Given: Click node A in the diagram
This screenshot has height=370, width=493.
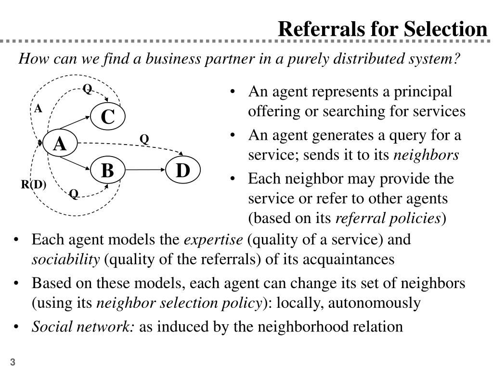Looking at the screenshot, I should [x=60, y=144].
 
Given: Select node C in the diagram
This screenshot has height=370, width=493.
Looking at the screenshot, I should [x=107, y=117].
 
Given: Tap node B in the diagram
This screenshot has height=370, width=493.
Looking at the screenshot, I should [x=107, y=171].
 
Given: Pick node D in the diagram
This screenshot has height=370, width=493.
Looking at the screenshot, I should [x=183, y=171].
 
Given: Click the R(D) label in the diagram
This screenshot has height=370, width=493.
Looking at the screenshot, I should [x=34, y=185].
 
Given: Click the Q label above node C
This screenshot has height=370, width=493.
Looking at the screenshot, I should [x=87, y=89].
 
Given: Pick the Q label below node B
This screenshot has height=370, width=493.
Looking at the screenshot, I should [x=74, y=194].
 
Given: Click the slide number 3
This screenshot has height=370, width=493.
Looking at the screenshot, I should [x=13, y=362].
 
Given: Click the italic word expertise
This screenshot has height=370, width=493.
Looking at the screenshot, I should [x=214, y=239].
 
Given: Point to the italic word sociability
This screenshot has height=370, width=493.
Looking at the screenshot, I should [x=66, y=259].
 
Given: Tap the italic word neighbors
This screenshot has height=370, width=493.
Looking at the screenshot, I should [x=426, y=155].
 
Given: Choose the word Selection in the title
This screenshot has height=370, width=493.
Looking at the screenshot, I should [x=445, y=29].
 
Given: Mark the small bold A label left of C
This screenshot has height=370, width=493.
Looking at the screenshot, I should [x=38, y=108].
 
